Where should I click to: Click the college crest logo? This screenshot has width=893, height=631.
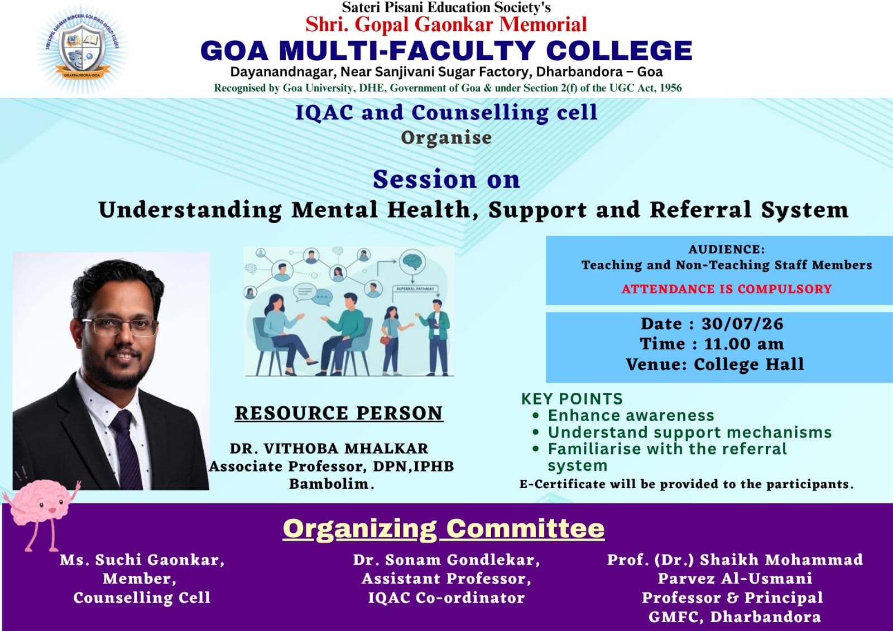(82, 49)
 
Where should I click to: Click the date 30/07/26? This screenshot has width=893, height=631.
(742, 324)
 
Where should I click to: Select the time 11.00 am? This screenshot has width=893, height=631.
(744, 344)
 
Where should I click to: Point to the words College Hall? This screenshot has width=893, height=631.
(749, 364)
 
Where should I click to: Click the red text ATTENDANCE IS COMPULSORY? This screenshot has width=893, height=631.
(726, 288)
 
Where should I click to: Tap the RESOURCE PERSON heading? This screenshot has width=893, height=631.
(339, 413)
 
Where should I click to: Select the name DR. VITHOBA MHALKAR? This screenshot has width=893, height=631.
(329, 449)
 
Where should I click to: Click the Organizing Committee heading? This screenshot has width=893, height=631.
(443, 528)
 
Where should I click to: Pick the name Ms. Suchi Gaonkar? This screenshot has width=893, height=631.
(142, 560)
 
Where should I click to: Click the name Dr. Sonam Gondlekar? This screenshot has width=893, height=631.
(446, 560)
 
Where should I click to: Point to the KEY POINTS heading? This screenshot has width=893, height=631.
(572, 398)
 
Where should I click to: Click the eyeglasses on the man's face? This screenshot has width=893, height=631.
(119, 326)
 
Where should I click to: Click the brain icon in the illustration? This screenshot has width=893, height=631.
(412, 262)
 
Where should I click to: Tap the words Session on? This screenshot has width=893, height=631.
(446, 180)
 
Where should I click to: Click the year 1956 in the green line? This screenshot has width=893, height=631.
(670, 88)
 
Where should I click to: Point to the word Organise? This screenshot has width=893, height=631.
(446, 138)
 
